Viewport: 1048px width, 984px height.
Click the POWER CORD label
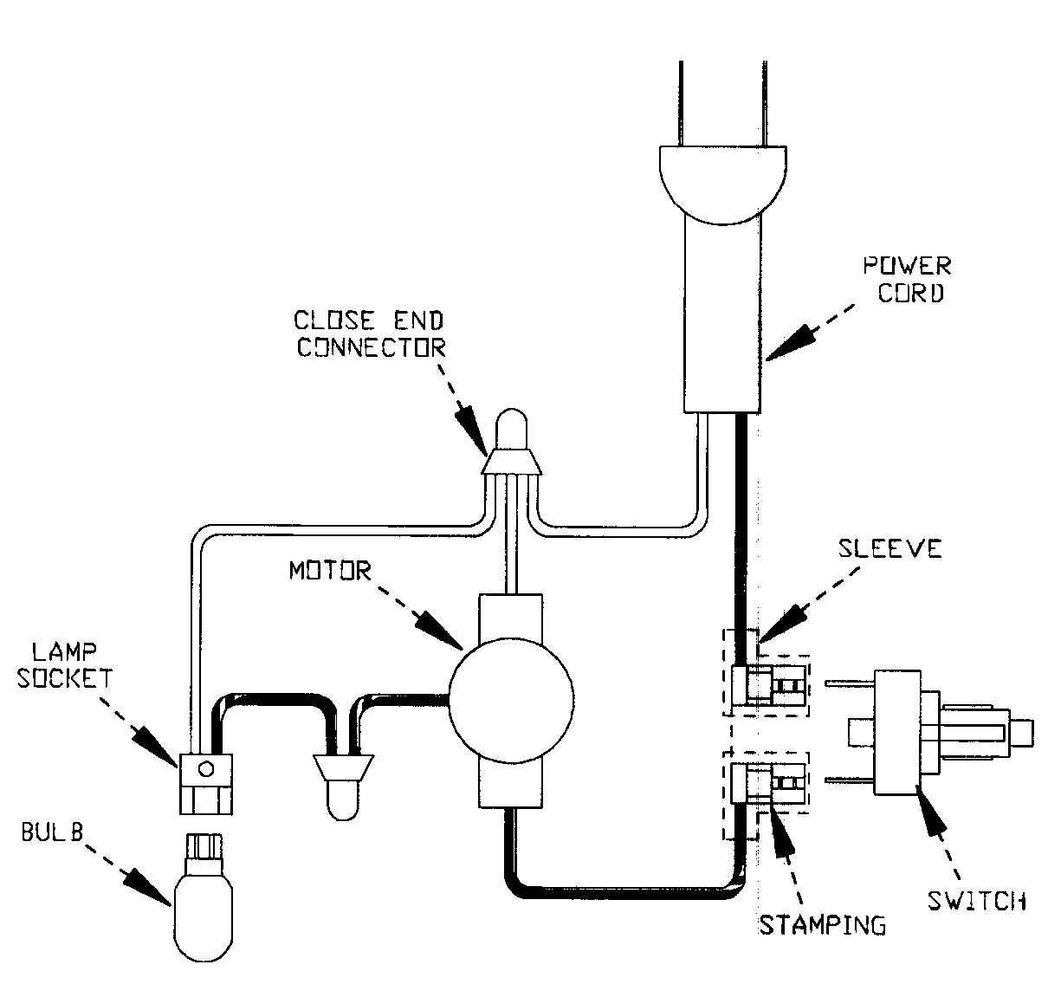coord(913,278)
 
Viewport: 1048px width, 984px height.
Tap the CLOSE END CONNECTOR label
coord(370,333)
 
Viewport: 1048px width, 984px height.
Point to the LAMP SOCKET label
coord(71,663)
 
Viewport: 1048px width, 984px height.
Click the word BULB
coord(52,834)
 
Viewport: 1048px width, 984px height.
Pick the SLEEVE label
coord(890,548)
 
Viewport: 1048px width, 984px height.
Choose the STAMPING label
coord(822,924)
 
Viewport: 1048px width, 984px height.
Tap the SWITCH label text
coord(976,901)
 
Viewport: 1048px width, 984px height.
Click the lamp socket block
coord(205,783)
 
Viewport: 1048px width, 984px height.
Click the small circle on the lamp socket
coord(206,767)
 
